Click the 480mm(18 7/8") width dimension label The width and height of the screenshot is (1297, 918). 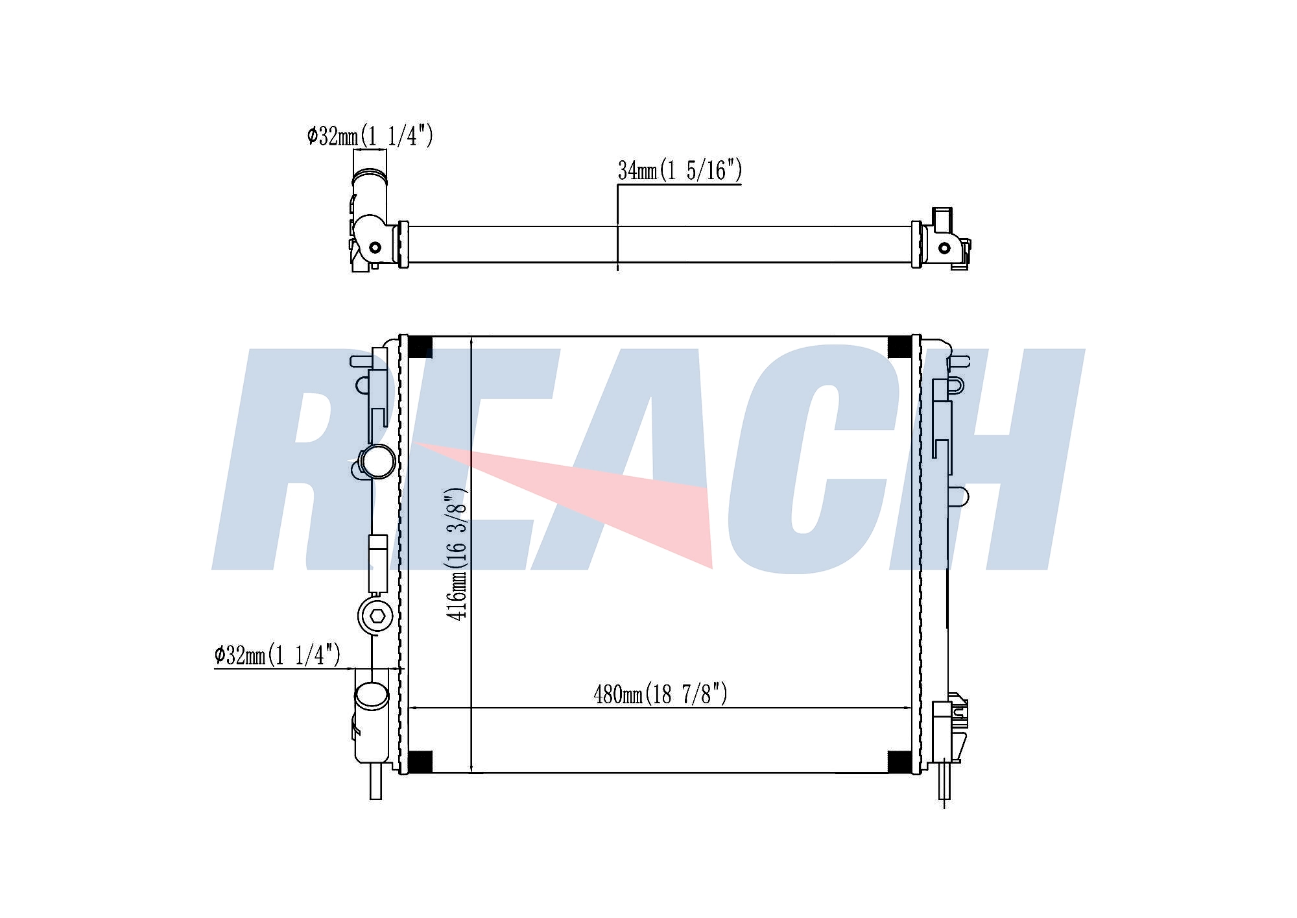pos(660,694)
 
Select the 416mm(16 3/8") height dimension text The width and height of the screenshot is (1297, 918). pos(457,555)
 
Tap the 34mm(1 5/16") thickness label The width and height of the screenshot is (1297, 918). pos(680,170)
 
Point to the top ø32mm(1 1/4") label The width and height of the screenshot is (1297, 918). pos(370,136)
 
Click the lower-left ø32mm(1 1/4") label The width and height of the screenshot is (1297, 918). pos(278,655)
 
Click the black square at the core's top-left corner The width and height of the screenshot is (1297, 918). pos(420,347)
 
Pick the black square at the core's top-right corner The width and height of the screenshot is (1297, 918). pos(899,347)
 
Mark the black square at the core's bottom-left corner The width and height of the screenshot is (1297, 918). pos(420,762)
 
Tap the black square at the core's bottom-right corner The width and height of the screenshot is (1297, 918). pos(899,762)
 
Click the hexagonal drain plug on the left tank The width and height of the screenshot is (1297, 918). pos(375,616)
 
